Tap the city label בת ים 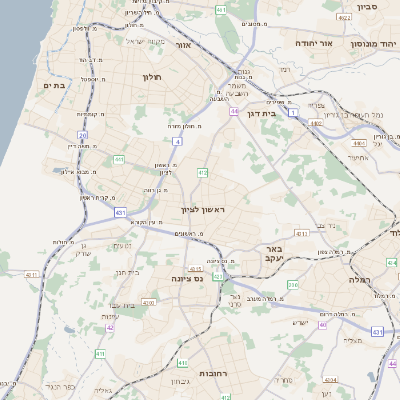55,86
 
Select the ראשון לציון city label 203,210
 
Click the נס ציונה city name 187,278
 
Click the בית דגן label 259,114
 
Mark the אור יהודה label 306,45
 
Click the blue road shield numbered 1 294,113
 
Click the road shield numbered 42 110,327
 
